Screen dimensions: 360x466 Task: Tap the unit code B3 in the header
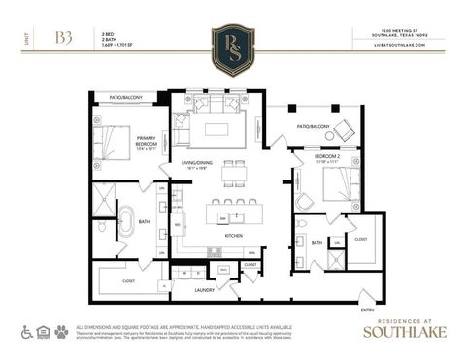coord(64,38)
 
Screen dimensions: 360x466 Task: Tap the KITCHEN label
coord(233,236)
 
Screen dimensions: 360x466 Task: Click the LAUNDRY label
coord(204,290)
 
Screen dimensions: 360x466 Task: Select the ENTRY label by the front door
coord(367,310)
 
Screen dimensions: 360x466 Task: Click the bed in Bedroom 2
coord(339,183)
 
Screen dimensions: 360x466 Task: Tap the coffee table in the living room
coord(216,129)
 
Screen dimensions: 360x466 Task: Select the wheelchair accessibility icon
coord(28,331)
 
